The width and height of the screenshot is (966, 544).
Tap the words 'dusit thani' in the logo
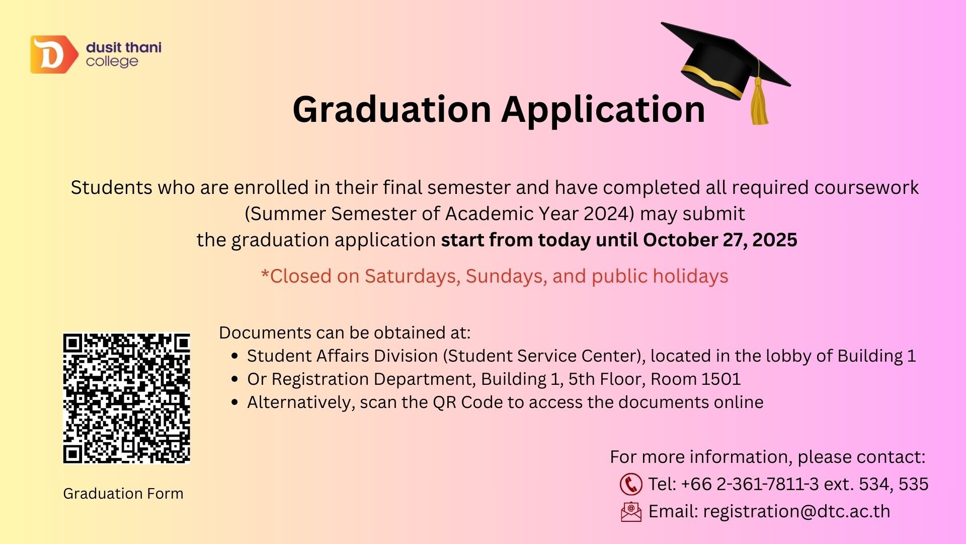tap(124, 47)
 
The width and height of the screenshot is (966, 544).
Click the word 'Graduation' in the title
tap(392, 109)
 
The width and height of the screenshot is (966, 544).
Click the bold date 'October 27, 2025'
tap(720, 240)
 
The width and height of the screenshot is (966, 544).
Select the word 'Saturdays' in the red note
tap(410, 276)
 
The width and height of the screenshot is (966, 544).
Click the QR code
tap(127, 398)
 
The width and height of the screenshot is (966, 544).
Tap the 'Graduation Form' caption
tap(123, 493)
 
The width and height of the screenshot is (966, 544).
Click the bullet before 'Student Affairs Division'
tap(234, 356)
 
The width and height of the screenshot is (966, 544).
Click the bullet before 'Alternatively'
tap(234, 402)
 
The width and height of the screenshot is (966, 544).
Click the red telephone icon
tap(631, 484)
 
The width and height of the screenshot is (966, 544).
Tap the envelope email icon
tap(631, 512)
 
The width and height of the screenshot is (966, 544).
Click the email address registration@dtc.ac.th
tap(796, 511)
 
